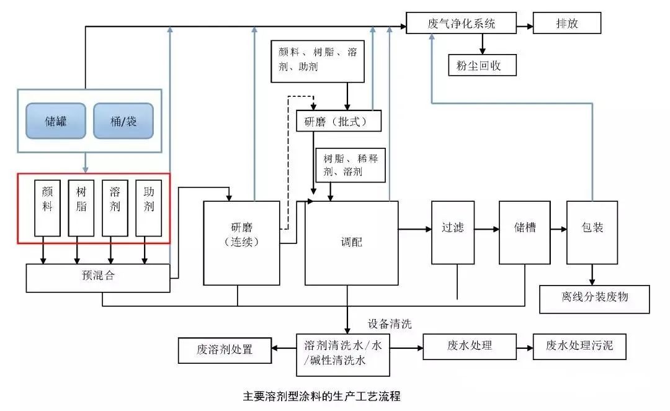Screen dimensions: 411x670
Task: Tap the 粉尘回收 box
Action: [x=482, y=65]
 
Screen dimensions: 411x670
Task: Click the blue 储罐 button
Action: [x=55, y=120]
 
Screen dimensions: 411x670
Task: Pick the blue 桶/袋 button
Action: [x=123, y=120]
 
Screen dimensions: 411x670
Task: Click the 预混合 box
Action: [x=97, y=278]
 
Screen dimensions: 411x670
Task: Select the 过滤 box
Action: [x=453, y=232]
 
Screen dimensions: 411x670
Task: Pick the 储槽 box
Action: [x=524, y=232]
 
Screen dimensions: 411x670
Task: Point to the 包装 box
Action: [x=592, y=232]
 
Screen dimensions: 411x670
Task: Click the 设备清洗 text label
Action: [x=390, y=323]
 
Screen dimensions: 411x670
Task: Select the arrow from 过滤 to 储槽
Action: [x=487, y=229]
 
